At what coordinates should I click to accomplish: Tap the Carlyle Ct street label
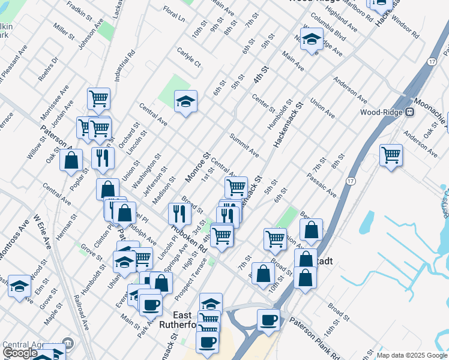pyautogui.click(x=189, y=58)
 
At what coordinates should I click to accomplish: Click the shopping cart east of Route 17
pyautogui.click(x=391, y=155)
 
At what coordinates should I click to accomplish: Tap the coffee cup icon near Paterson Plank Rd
pyautogui.click(x=268, y=319)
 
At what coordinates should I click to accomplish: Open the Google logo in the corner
pyautogui.click(x=20, y=353)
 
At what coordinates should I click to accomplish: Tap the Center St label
pyautogui.click(x=263, y=103)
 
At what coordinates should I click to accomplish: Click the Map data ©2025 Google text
pyautogui.click(x=411, y=355)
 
